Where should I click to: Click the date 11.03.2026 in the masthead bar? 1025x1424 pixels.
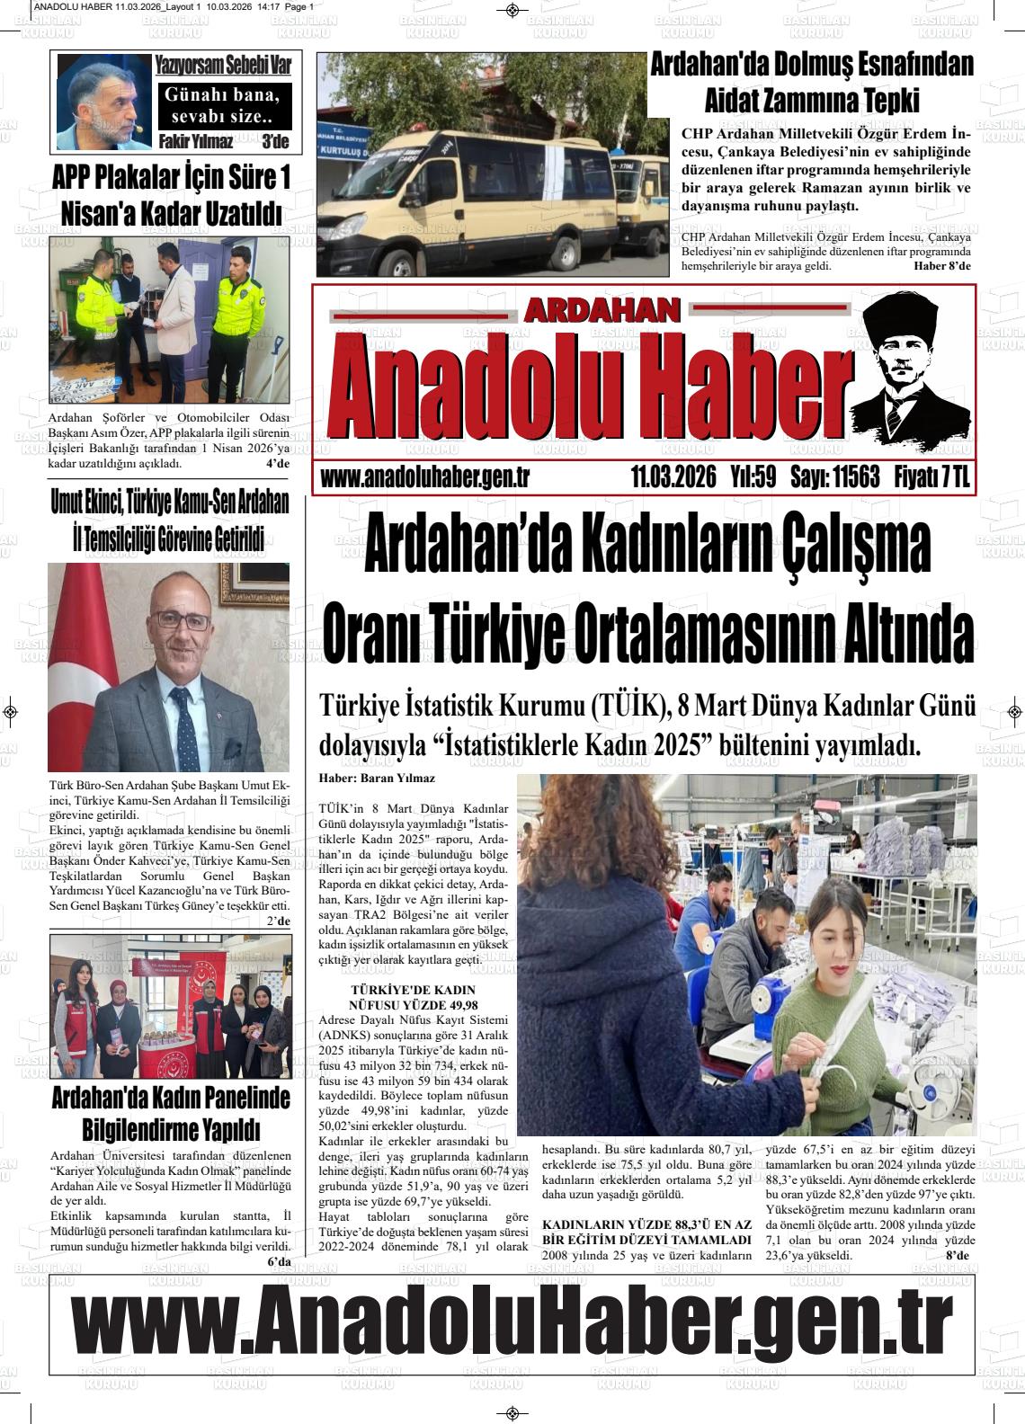673,477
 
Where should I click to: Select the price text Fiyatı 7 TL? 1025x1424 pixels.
932,477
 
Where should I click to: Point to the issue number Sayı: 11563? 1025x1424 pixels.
833,477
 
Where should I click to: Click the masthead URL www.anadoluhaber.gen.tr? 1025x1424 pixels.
423,478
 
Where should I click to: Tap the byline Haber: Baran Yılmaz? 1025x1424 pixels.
377,779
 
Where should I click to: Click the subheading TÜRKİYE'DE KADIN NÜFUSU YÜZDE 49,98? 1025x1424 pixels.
414,996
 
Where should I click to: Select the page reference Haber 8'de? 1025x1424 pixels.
941,266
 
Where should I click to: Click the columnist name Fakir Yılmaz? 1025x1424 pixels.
195,141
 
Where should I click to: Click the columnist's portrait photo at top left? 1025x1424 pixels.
103,102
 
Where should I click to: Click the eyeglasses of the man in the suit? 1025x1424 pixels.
180,619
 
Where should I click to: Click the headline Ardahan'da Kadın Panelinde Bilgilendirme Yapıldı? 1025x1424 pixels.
171,1113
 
